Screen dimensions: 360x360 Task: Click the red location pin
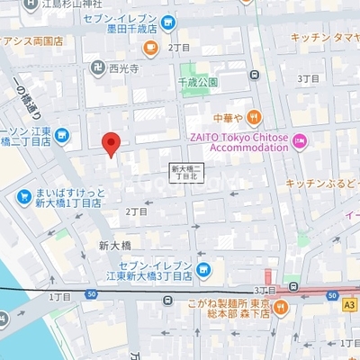[111, 143]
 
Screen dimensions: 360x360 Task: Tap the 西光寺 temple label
[122, 67]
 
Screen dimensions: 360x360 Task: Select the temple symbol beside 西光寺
[96, 67]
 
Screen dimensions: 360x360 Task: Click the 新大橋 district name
[114, 246]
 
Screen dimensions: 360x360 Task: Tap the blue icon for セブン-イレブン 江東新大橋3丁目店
[203, 268]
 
